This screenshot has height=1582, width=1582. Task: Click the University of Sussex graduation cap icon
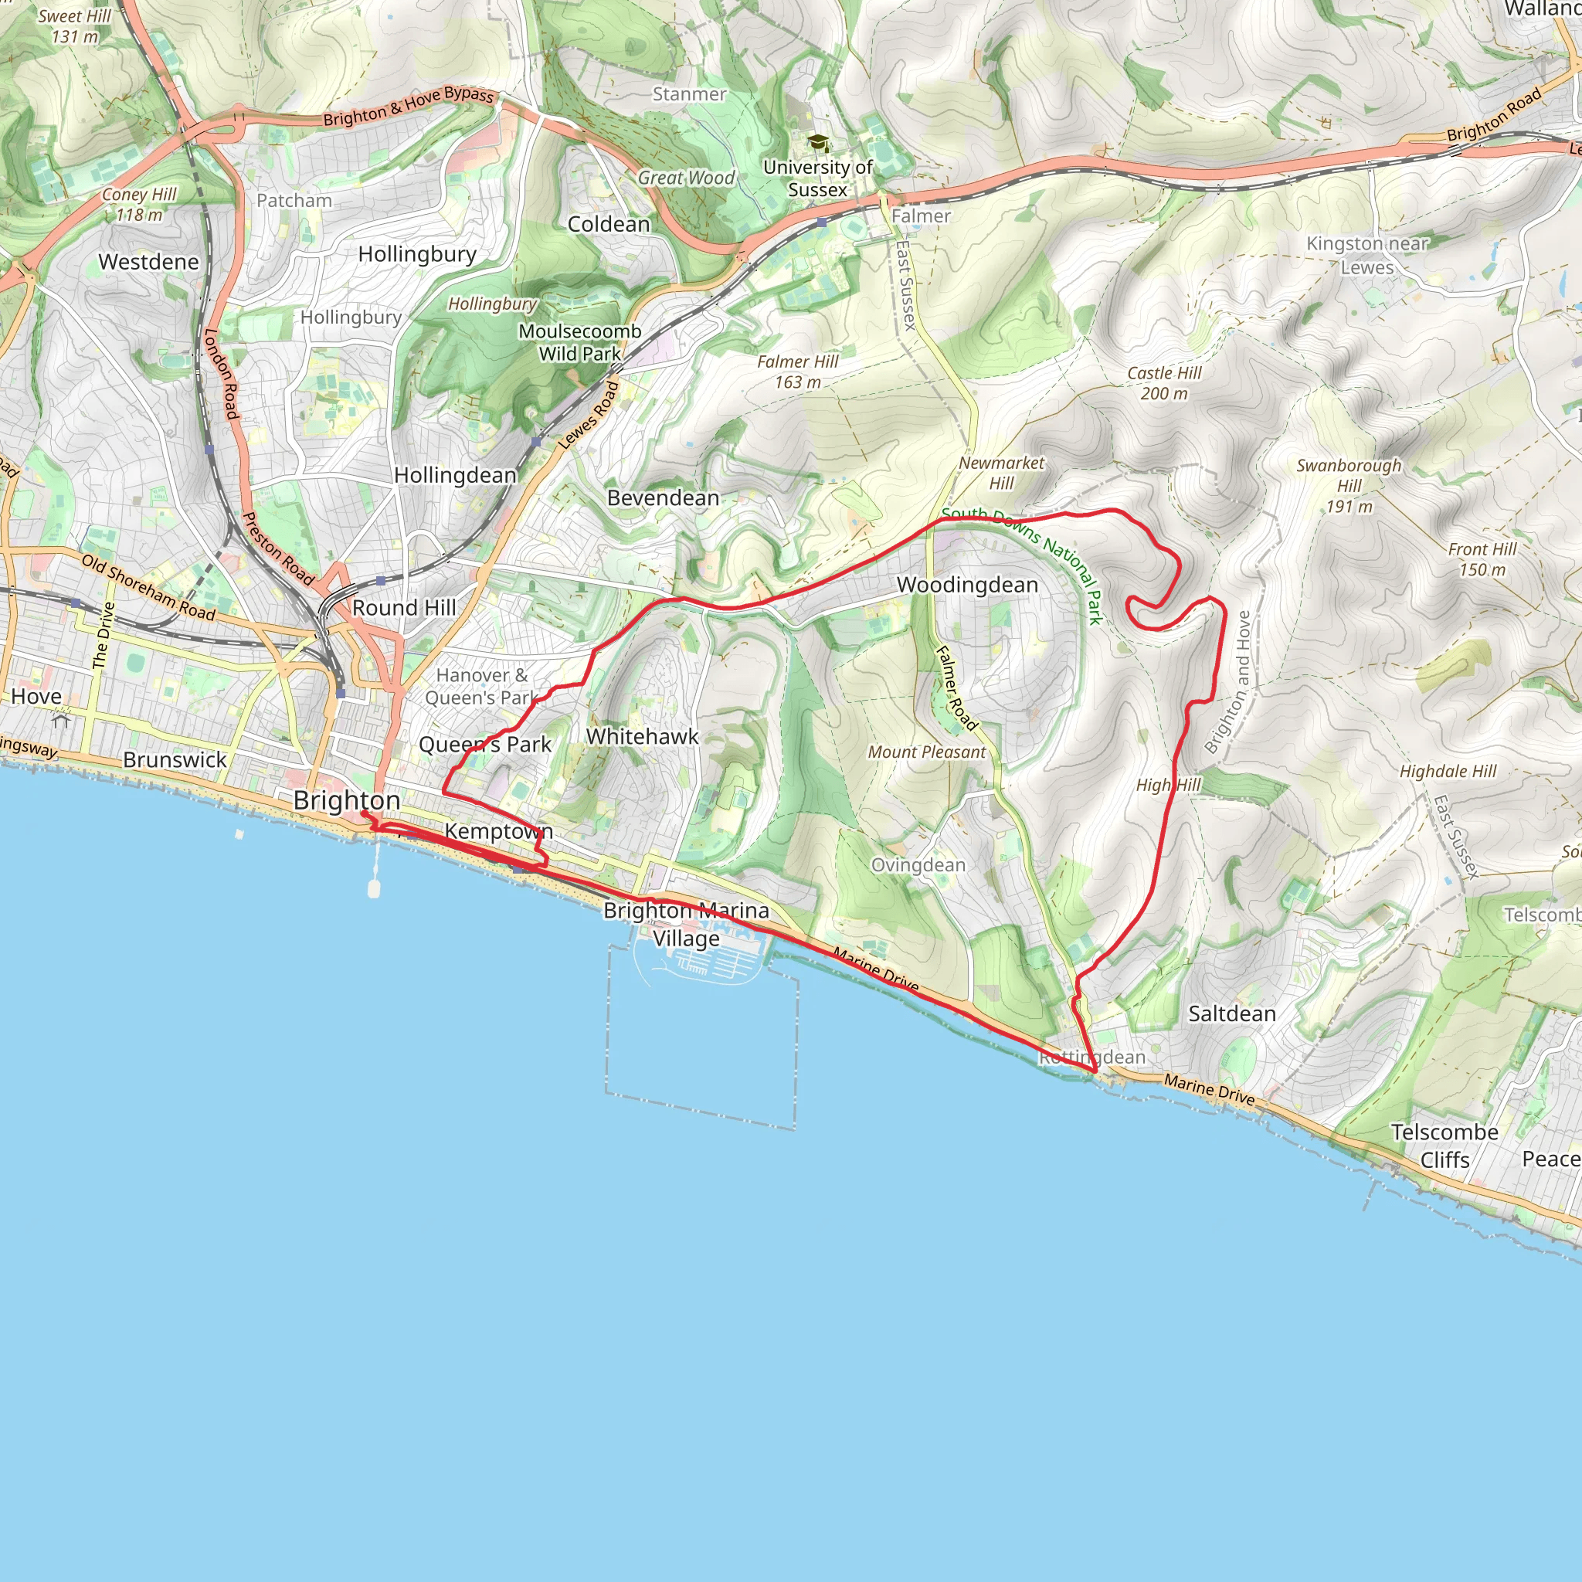pos(818,144)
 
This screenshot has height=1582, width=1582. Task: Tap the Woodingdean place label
pos(967,586)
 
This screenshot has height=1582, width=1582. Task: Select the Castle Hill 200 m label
pos(1163,383)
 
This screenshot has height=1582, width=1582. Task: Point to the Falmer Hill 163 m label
pos(797,372)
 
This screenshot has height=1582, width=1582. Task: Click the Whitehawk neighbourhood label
pos(642,737)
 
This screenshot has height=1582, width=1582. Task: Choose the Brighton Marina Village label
pos(686,925)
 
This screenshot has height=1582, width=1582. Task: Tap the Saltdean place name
pos(1231,1013)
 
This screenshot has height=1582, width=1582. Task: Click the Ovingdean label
pos(918,865)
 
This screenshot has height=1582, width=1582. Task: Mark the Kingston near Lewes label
pos(1366,256)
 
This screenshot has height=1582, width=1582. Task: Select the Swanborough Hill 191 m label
pos(1349,486)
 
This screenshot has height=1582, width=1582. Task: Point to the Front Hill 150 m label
pos(1482,559)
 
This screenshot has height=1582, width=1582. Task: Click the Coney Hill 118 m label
pos(139,205)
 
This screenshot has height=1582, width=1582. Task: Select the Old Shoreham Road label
pos(148,587)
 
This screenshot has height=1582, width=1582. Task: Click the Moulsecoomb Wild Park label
pos(580,342)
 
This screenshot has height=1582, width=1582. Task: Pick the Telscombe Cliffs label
pos(1445,1146)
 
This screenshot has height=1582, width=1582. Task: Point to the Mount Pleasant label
pos(926,752)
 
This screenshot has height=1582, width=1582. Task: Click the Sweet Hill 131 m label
pos(74,26)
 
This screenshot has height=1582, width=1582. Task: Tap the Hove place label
pos(36,697)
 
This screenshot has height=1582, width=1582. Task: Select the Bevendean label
pos(663,498)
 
